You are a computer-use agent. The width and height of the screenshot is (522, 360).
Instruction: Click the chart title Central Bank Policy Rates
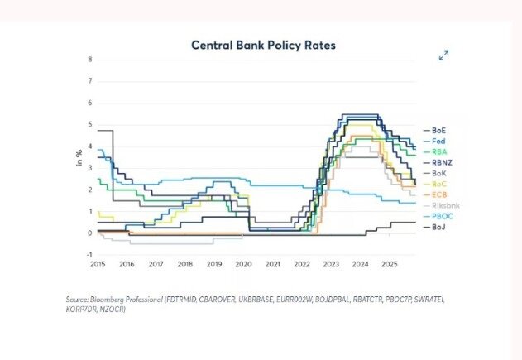click(263, 45)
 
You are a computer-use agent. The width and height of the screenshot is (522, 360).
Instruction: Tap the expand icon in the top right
click(443, 55)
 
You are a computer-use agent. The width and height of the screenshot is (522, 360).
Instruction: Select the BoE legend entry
click(439, 131)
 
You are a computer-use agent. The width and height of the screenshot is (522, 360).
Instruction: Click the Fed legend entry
click(438, 142)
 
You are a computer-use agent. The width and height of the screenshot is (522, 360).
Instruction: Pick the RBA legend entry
click(439, 152)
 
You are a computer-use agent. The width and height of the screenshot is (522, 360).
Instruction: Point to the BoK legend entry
click(439, 173)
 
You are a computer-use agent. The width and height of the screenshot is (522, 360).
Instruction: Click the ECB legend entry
click(439, 194)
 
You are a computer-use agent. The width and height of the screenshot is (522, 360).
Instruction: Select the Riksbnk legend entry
click(443, 205)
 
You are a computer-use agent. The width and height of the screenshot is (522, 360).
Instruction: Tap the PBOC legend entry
click(441, 216)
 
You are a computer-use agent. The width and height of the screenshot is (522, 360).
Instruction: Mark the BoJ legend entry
click(439, 227)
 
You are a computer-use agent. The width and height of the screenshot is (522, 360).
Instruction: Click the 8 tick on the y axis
click(90, 60)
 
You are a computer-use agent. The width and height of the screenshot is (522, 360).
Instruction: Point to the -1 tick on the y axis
click(89, 255)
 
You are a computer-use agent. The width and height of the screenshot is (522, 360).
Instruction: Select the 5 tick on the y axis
click(90, 124)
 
